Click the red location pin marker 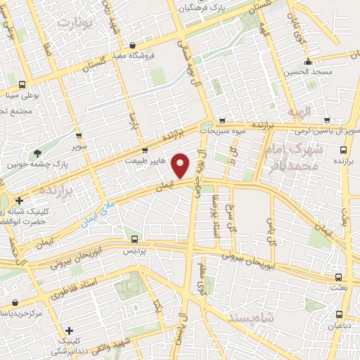(x=181, y=166)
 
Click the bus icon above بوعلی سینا (x=22, y=82)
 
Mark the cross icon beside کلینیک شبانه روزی (x=20, y=201)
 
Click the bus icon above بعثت (x=340, y=277)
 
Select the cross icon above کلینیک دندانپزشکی (x=69, y=330)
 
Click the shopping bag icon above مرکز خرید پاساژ (x=14, y=302)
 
